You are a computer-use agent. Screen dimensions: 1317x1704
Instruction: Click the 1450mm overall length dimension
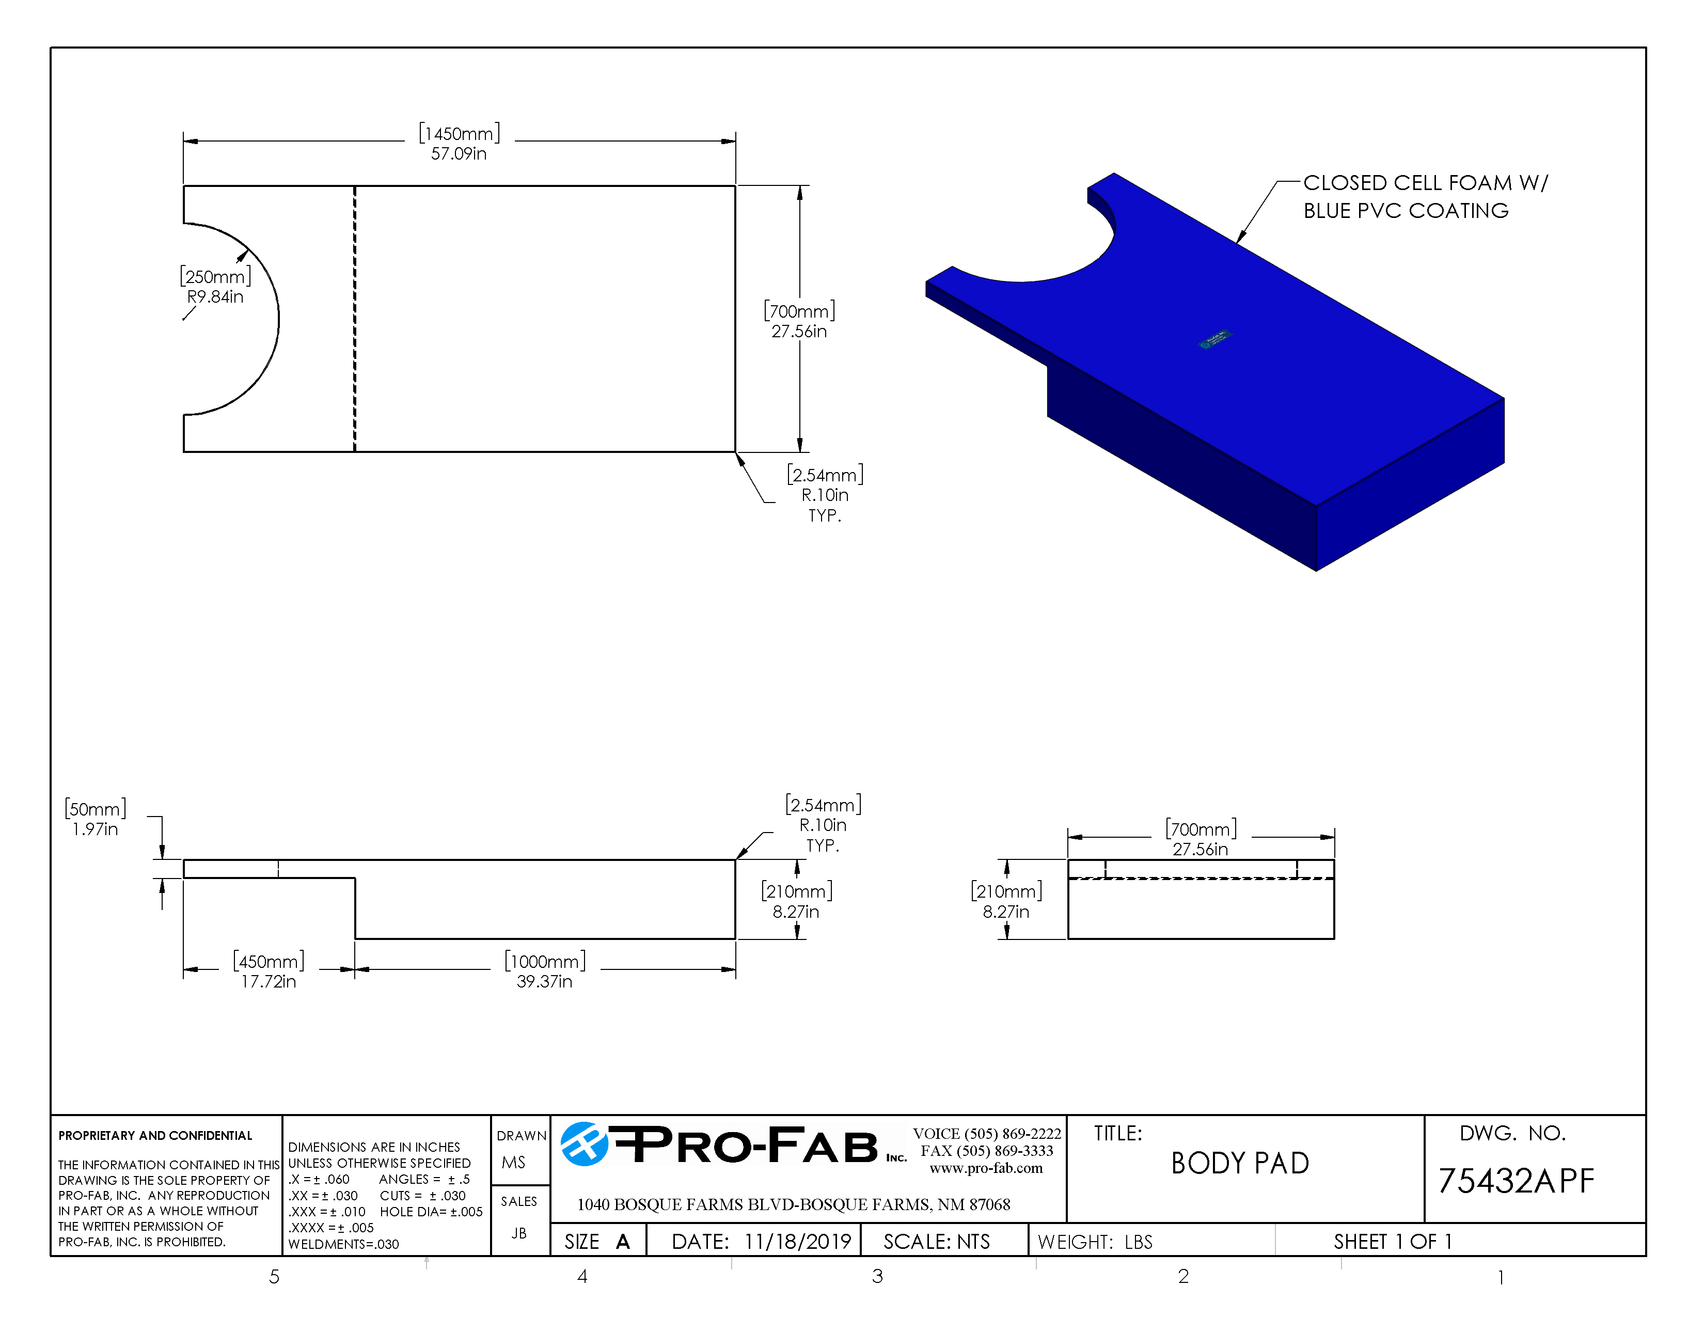click(459, 143)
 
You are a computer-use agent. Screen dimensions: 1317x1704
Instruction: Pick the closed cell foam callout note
click(1424, 197)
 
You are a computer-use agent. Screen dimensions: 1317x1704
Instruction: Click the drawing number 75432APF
click(1515, 1181)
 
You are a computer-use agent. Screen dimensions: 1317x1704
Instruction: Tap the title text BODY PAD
click(1240, 1163)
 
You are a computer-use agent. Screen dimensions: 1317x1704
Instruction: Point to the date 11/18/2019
click(797, 1241)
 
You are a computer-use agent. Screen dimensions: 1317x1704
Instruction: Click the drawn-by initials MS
click(513, 1163)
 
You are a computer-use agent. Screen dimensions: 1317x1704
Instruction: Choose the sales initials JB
click(519, 1233)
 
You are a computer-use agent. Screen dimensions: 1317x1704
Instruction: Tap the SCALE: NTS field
click(936, 1241)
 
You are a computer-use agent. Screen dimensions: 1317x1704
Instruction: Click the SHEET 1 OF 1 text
click(1392, 1241)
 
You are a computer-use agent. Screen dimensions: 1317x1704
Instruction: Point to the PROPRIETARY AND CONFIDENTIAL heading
click(155, 1135)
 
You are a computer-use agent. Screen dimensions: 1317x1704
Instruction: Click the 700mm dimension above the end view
click(1200, 839)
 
